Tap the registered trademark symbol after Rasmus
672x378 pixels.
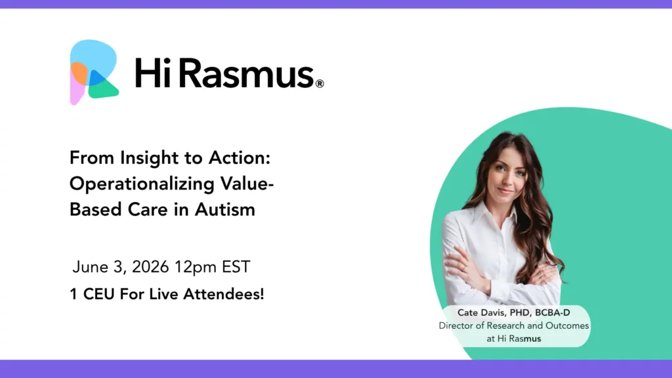320,83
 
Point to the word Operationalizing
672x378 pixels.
142,184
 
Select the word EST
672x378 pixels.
236,267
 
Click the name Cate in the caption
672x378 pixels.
467,313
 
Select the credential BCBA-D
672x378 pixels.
553,313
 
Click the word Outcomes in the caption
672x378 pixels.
567,325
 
